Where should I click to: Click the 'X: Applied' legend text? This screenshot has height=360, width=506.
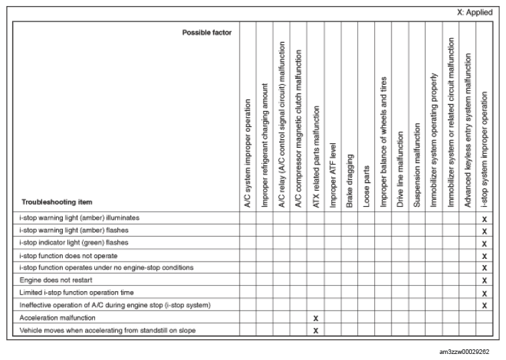475,12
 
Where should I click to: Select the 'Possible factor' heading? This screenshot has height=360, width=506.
207,32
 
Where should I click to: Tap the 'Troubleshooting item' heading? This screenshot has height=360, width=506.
58,201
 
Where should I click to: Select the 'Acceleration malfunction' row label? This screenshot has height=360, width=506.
58,317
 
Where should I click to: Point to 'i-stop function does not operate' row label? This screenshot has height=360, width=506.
70,256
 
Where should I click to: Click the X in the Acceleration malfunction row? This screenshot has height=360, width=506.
315,318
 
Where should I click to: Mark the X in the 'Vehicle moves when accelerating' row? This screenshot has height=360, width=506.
315,330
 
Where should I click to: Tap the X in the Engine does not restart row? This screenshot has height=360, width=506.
484,280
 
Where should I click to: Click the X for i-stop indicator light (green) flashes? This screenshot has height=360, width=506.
484,243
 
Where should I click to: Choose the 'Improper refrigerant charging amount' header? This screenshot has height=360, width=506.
265,145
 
